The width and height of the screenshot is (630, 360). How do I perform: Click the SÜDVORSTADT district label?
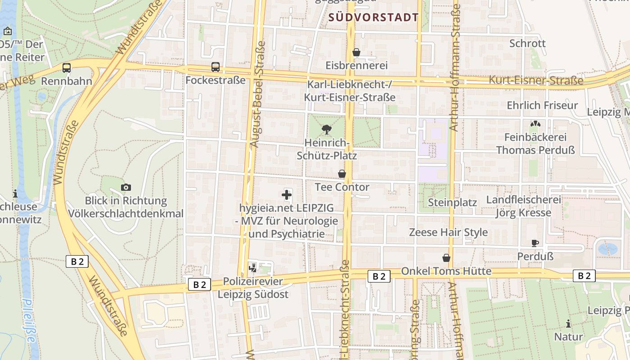coord(373,18)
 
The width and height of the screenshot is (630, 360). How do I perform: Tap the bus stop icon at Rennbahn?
coord(67,68)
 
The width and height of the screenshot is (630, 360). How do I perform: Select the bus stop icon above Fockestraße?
coord(216,67)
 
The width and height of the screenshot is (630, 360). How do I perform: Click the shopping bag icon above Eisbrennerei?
coord(356,52)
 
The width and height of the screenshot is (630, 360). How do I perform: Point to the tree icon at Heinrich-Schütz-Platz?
coord(327,130)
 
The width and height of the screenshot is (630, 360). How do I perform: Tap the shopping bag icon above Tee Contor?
coord(342,174)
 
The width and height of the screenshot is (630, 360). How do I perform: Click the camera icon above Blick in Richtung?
coord(126,187)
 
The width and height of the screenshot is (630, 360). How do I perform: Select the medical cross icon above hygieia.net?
coord(287,195)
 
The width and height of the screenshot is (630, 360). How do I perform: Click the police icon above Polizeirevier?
coord(253,268)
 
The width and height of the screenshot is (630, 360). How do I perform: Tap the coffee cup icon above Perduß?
coord(535,243)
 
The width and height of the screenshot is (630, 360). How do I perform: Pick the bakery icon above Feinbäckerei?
coord(535,124)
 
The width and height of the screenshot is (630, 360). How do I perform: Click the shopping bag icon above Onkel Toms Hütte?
coord(446,258)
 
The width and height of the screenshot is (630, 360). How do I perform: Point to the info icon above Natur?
coord(568,324)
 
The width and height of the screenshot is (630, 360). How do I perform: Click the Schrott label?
coord(527,43)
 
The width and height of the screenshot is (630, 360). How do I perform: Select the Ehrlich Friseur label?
coord(542,105)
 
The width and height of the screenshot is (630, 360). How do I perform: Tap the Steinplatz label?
coord(452,202)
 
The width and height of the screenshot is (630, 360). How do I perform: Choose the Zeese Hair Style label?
coord(448,232)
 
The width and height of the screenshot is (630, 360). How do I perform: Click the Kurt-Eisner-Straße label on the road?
coord(536,81)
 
